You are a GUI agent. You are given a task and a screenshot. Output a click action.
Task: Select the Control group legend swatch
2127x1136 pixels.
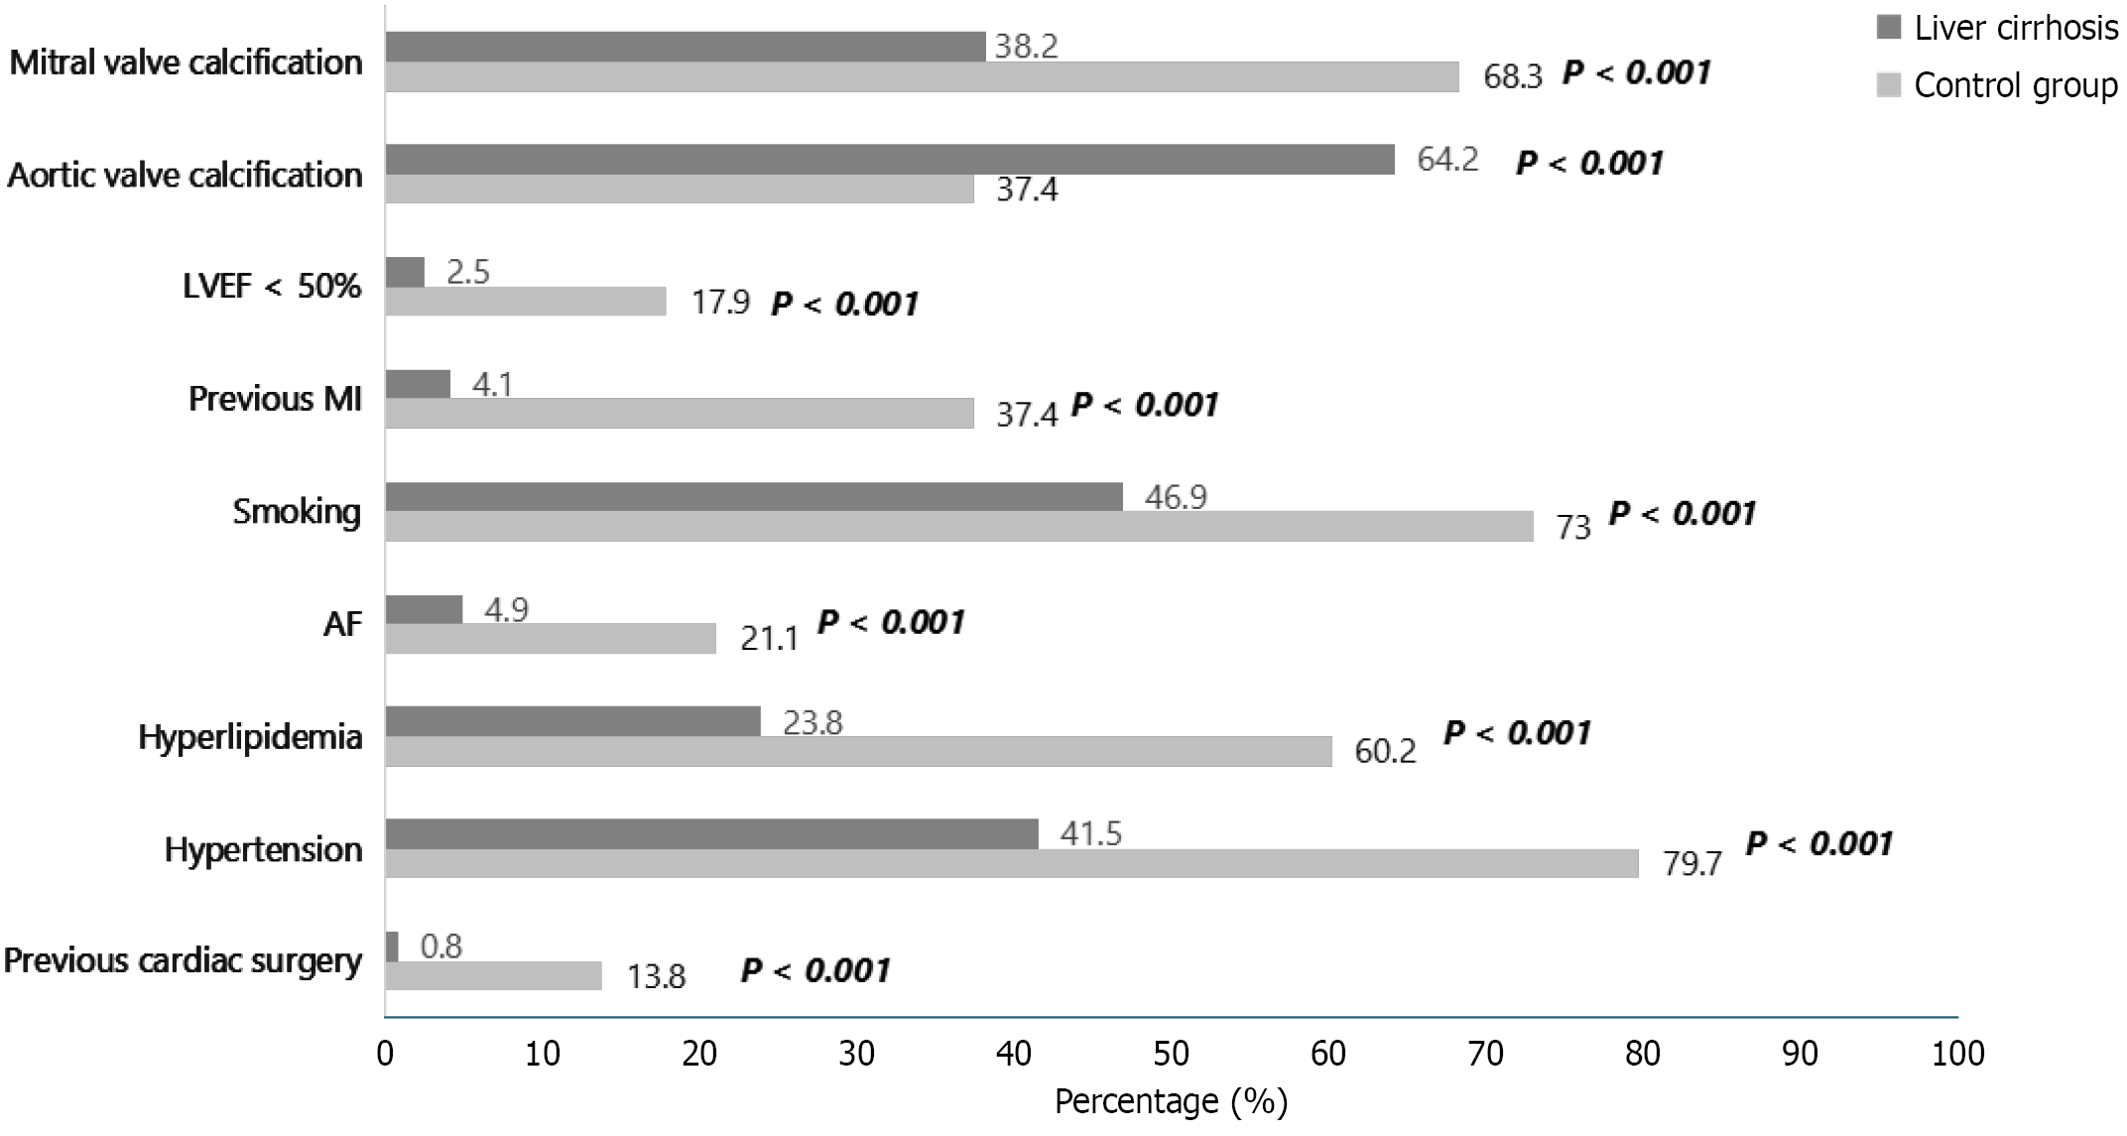1888,85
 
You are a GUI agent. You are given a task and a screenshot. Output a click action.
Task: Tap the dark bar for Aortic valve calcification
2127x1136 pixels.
889,159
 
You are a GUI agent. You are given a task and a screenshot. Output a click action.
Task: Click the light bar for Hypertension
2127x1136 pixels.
1011,863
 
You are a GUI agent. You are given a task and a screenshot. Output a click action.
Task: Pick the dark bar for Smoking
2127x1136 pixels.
753,496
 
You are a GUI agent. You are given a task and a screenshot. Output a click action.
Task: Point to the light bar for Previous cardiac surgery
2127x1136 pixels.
493,975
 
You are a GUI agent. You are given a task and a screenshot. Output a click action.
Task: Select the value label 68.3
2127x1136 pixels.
1512,76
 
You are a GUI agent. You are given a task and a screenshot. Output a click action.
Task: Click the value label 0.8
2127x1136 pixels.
440,947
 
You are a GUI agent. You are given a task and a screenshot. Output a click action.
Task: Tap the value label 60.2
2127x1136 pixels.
1385,751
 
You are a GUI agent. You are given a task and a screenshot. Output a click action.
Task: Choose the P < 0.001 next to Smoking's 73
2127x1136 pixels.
1682,513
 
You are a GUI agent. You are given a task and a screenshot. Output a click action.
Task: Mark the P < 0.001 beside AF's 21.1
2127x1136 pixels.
890,622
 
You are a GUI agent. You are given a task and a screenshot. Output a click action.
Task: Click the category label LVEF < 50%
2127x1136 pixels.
272,287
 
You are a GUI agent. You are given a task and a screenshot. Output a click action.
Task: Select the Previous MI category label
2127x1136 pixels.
275,399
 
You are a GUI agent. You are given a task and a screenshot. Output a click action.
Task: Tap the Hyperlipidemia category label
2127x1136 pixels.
250,737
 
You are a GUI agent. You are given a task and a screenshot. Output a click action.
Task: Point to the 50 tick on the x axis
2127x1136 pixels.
1171,1054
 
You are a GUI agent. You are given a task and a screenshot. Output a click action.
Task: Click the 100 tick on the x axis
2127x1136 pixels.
1956,1054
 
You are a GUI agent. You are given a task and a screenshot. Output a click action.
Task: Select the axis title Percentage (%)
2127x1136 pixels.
1171,1101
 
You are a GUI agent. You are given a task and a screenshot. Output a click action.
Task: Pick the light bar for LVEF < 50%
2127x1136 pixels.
525,301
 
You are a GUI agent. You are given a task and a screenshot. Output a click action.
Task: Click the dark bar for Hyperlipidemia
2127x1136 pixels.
572,721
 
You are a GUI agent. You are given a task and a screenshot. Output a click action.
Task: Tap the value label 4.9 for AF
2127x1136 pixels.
505,609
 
